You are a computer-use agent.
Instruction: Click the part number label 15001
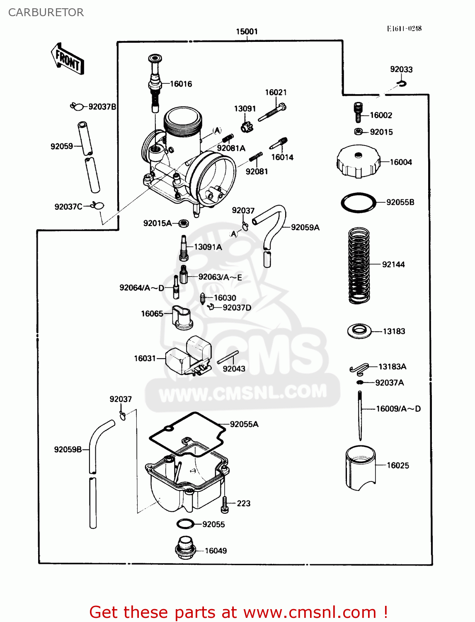pos(247,32)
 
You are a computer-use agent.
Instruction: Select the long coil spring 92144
pos(359,265)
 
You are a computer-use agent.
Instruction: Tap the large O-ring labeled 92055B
pos(359,203)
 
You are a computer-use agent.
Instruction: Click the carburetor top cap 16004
pos(358,162)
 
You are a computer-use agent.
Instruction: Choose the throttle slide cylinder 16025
pos(360,468)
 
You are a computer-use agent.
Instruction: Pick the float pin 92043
pos(228,357)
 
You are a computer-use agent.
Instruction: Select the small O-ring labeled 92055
pos(185,524)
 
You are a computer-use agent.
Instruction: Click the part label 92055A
pos(244,424)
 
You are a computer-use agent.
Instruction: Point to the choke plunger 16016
pos(155,83)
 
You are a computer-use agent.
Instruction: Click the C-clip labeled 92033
pos(401,84)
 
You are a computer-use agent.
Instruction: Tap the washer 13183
pos(359,331)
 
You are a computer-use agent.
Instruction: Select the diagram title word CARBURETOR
pos(46,12)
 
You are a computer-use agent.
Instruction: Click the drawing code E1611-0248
pos(404,29)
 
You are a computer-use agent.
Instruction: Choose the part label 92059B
pos(68,449)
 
